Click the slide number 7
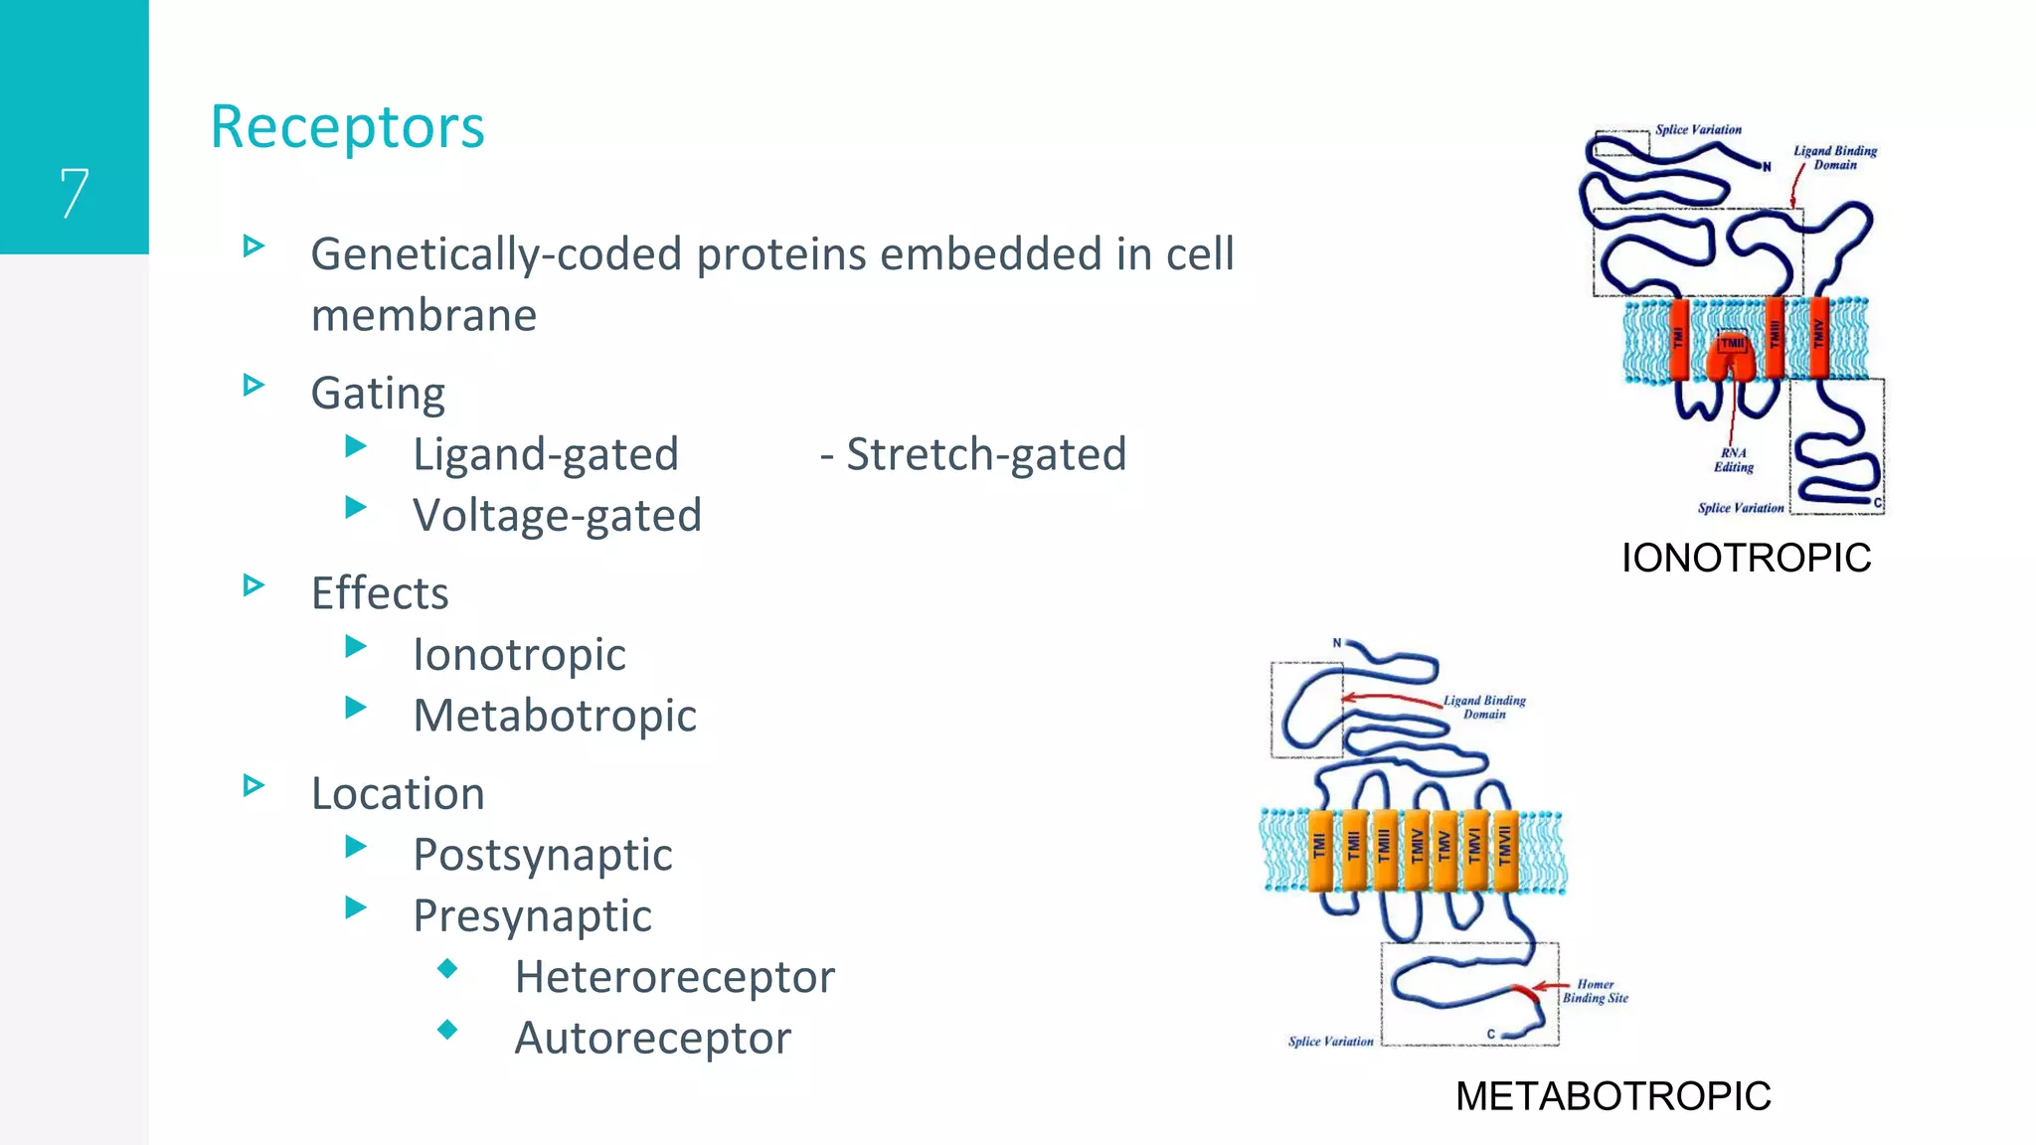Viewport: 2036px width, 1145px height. pos(75,193)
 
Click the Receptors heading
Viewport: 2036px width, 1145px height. pos(347,127)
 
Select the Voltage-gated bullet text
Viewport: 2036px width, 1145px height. pos(557,515)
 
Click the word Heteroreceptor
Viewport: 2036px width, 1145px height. pos(674,976)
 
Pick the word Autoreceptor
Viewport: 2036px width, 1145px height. pos(652,1038)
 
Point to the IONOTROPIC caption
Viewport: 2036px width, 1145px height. pos(1746,558)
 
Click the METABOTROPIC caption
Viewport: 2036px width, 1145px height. pos(1612,1096)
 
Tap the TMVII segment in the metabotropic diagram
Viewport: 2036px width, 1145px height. pos(1505,846)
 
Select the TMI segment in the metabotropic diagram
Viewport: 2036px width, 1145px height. pos(1320,846)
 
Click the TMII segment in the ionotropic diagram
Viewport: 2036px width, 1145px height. pos(1733,344)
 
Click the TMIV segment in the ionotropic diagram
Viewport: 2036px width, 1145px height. pos(1819,336)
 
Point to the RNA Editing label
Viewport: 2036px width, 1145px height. pos(1733,460)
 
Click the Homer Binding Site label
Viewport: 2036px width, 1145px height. pos(1595,991)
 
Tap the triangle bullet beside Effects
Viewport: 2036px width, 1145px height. pos(254,585)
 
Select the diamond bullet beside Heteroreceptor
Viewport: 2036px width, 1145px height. pos(448,968)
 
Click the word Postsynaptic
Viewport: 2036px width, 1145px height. pos(543,855)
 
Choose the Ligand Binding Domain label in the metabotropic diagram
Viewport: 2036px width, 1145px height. pos(1484,707)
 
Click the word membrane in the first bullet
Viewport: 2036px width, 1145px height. pos(424,316)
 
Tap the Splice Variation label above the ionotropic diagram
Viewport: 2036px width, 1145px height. pos(1698,129)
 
